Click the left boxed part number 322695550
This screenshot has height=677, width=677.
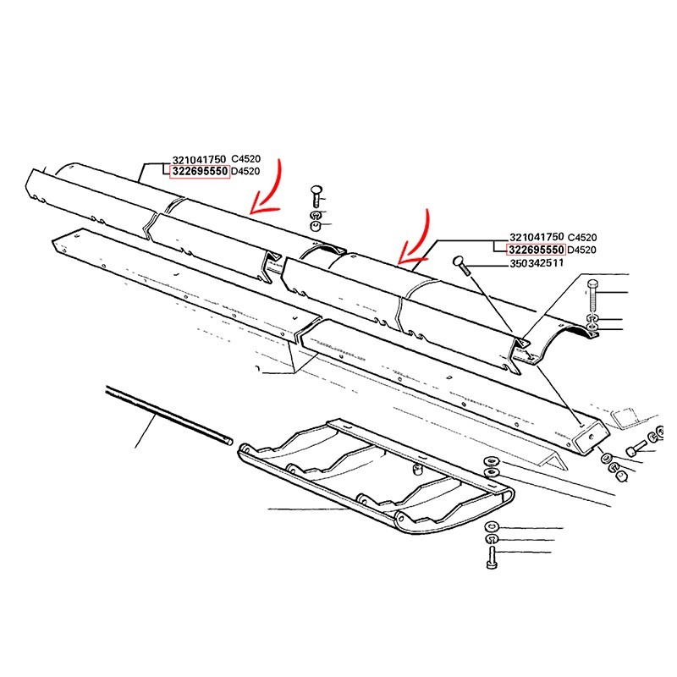200,172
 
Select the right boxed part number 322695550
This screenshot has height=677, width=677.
537,250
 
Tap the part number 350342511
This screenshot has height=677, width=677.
537,263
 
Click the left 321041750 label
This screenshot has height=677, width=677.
199,159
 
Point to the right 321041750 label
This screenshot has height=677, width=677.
537,238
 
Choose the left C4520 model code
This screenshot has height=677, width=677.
245,159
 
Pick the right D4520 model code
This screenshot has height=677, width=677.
581,250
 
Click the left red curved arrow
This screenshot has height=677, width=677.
266,187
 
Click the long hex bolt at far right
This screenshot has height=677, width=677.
592,296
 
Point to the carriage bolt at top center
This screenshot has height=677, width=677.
316,196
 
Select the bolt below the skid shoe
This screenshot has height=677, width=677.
492,558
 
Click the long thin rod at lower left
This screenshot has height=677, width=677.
169,415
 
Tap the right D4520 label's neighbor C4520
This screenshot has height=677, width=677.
582,238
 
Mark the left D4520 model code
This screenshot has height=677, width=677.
245,172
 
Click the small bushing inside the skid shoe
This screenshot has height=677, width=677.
417,469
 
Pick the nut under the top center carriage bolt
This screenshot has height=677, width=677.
316,226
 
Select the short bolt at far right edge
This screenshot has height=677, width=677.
637,448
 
